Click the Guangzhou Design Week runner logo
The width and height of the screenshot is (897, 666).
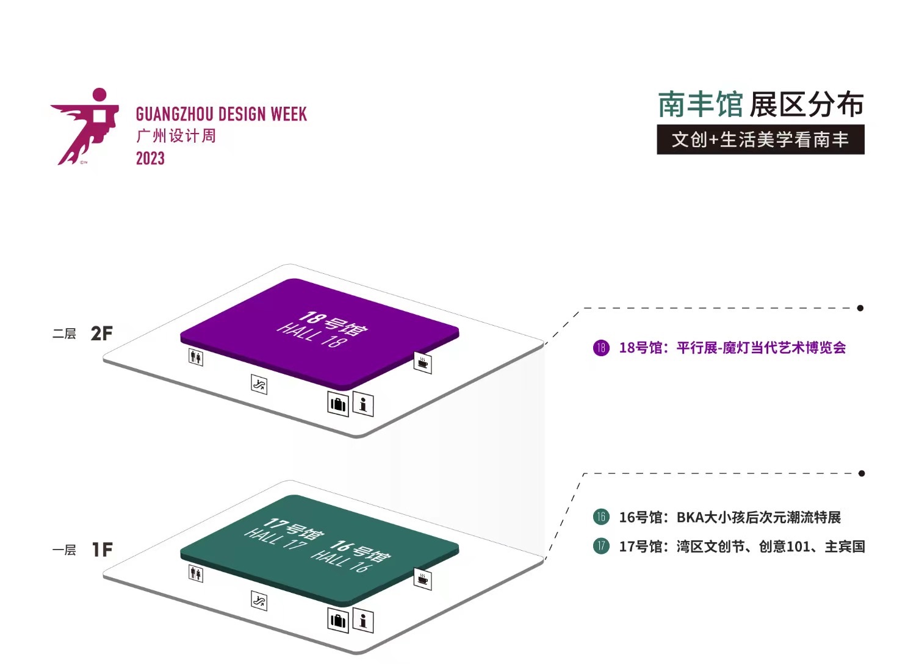click(x=85, y=127)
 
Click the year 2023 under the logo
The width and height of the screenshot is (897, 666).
click(x=150, y=159)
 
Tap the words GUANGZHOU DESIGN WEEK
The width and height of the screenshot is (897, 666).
click(x=221, y=114)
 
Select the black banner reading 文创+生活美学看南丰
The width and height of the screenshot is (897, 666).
click(x=760, y=140)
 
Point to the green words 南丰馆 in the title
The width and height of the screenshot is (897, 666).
click(x=700, y=105)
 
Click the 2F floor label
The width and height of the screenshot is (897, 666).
click(x=101, y=334)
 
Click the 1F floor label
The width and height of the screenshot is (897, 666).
click(x=102, y=550)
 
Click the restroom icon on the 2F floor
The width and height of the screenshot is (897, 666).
click(x=196, y=357)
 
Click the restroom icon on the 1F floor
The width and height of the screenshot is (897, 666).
click(x=196, y=573)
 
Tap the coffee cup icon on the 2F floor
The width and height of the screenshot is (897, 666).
click(x=422, y=363)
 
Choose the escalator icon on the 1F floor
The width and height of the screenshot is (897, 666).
click(x=259, y=601)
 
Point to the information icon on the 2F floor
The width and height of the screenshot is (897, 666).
click(x=363, y=404)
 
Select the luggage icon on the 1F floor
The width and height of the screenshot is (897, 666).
click(x=337, y=621)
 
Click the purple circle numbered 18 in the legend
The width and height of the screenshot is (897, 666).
click(x=601, y=348)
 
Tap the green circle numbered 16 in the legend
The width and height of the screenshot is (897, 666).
click(x=601, y=517)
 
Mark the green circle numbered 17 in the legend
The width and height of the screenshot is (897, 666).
click(x=601, y=546)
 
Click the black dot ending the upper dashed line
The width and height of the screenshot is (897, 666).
click(x=860, y=308)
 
